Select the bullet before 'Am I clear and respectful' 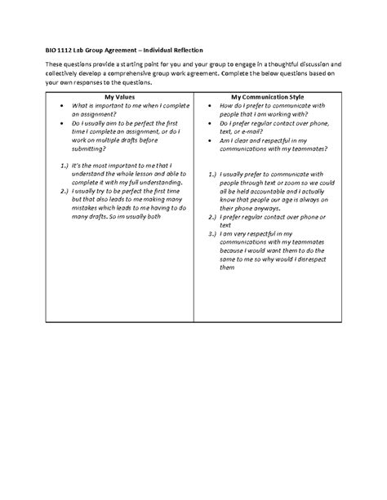(211, 140)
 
